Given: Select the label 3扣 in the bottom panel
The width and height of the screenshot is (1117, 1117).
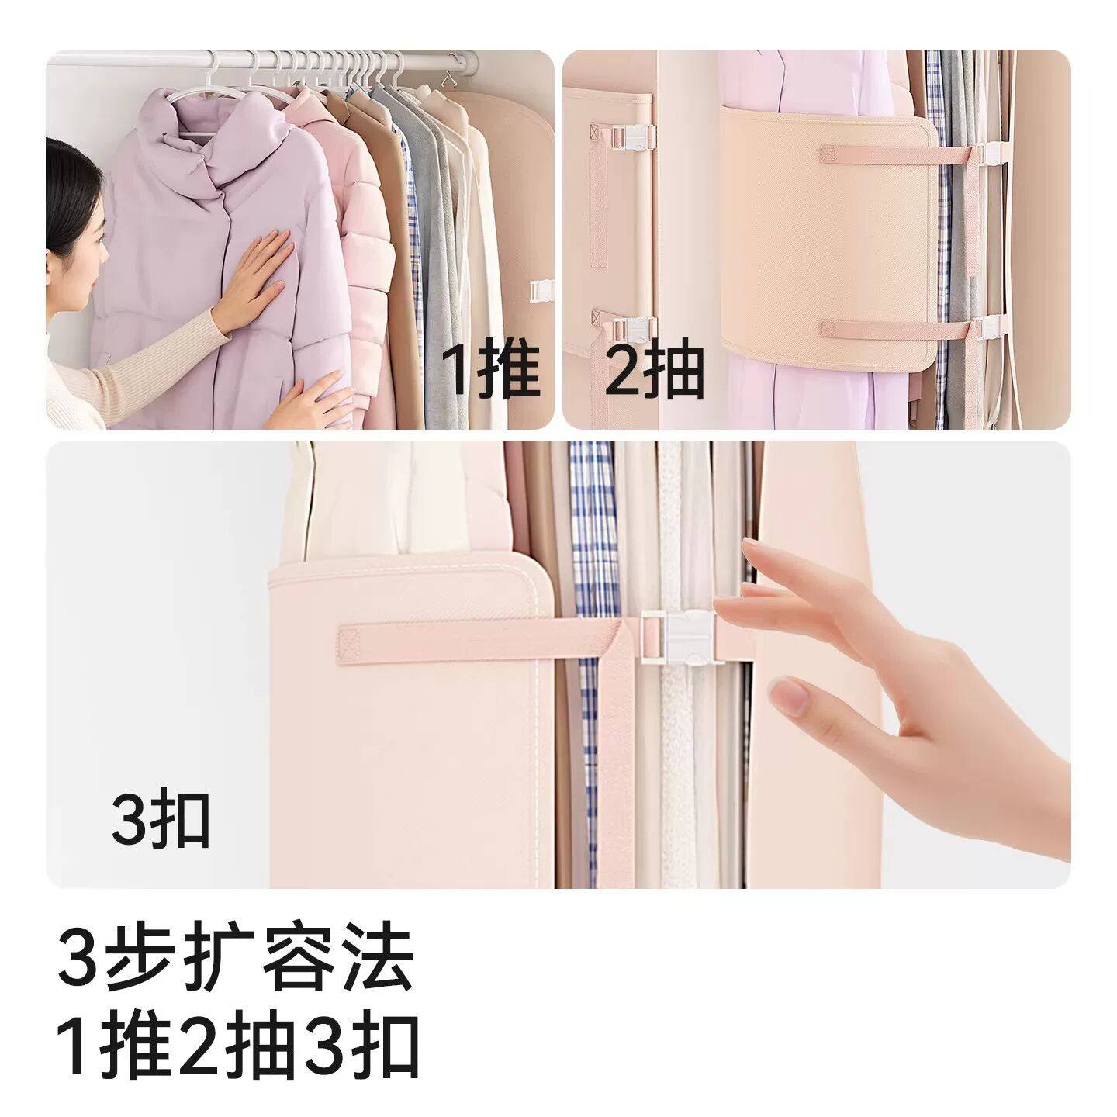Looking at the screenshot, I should click(x=161, y=821).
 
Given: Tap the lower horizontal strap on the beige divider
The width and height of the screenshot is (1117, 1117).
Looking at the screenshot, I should click(x=853, y=328).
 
